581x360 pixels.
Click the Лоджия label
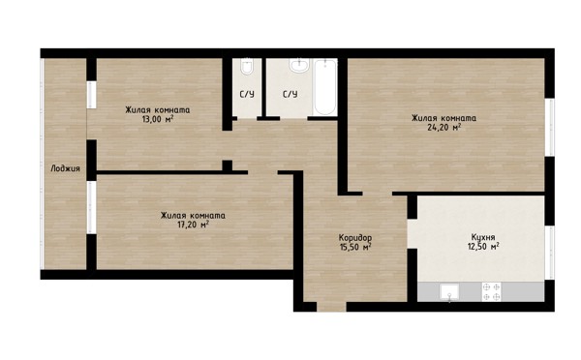pos(65,168)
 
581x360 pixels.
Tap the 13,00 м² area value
pos(158,119)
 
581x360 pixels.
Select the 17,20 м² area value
pos(193,225)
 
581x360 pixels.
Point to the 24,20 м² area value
pos(444,128)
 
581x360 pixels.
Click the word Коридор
pos(355,237)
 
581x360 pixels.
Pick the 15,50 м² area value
pos(355,247)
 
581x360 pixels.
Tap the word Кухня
pos(483,237)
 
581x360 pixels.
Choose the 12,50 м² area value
pos(483,247)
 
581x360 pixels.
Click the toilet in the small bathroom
pos(246,67)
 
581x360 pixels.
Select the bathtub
pos(325,88)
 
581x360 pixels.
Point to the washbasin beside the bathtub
pos(299,66)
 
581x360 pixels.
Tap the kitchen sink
pos(449,292)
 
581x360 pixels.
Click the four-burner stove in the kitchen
pos(491,292)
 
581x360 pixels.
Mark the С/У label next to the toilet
pos(247,95)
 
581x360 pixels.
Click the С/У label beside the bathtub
pos(290,95)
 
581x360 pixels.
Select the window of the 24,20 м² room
pos(551,128)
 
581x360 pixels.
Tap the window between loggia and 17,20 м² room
pos(91,207)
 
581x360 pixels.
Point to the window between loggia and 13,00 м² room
pos(91,95)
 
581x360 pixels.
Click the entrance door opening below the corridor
pos(331,307)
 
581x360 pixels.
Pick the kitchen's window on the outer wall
pos(551,253)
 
